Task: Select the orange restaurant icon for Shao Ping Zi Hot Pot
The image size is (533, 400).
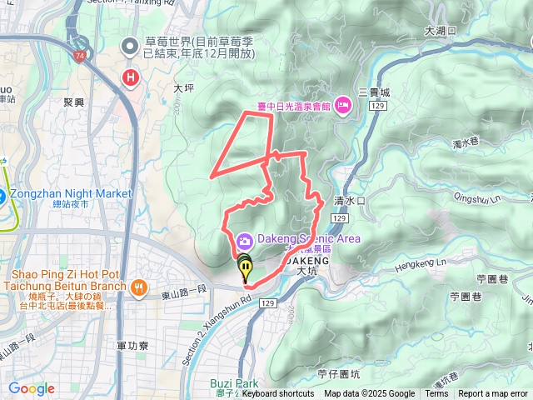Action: (138, 287)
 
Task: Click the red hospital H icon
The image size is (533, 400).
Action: (130, 78)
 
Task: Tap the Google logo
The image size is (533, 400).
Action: (31, 388)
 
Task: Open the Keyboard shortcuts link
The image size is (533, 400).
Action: (278, 394)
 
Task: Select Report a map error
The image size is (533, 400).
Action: (494, 394)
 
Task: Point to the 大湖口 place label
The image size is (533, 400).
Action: (441, 31)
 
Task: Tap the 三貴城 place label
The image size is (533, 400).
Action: (374, 92)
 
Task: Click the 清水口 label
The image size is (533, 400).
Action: (350, 201)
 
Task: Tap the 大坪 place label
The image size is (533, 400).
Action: (183, 86)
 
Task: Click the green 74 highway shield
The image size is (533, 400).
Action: (79, 57)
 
